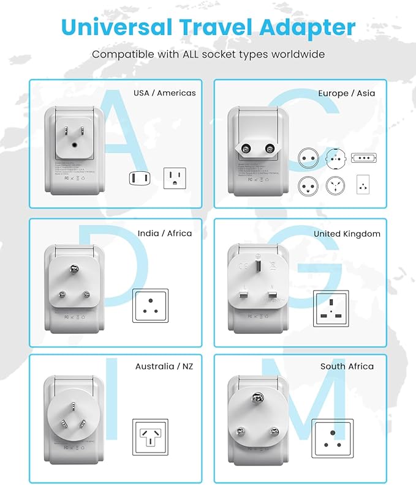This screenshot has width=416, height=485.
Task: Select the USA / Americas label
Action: tap(165, 93)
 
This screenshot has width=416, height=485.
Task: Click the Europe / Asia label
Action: tap(346, 93)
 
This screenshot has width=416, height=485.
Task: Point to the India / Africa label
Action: tap(164, 233)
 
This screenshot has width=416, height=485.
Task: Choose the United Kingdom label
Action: tap(347, 234)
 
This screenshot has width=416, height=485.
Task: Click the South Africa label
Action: tap(347, 366)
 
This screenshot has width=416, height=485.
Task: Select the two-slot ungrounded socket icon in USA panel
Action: tap(138, 178)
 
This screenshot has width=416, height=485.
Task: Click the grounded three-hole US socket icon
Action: tap(174, 178)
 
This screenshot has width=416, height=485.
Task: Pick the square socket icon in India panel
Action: tap(150, 305)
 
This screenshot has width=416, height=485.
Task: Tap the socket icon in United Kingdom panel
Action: tap(331, 306)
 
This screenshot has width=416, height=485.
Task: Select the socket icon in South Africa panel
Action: tap(332, 439)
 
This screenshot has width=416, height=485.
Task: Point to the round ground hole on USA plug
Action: tap(75, 145)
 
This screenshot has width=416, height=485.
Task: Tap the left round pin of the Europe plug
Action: tap(248, 149)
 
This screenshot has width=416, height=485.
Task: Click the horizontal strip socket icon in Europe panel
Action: tap(363, 158)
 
